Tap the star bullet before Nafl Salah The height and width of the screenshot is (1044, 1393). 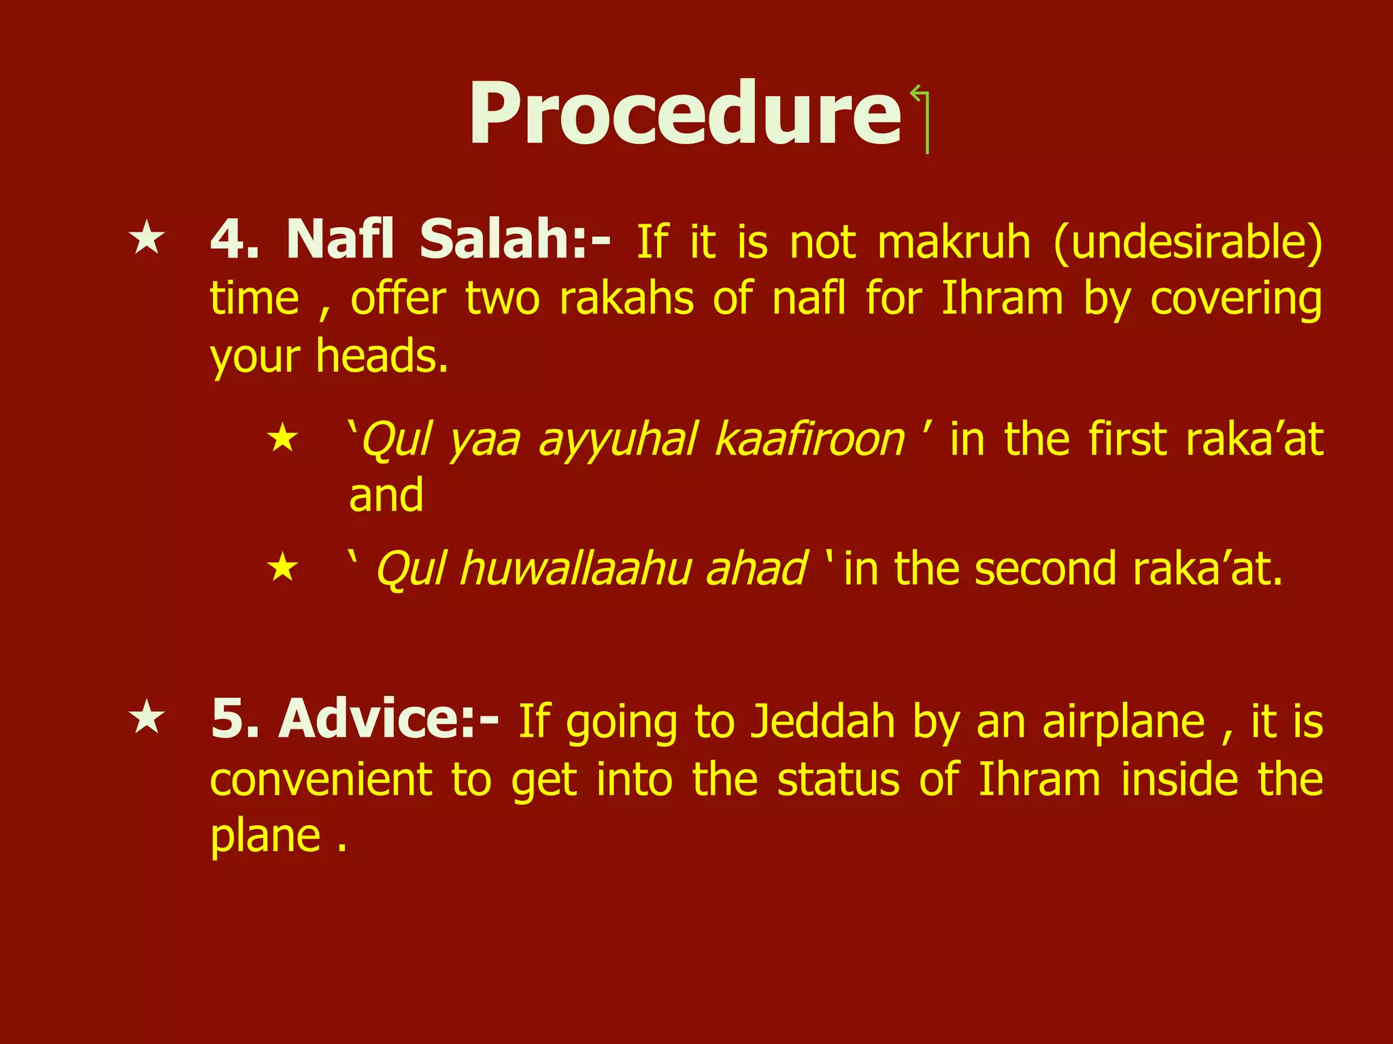coord(147,240)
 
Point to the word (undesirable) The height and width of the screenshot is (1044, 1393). coord(1188,243)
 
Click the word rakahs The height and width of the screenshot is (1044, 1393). coord(626,299)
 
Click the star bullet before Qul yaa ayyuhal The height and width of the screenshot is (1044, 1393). coord(283,439)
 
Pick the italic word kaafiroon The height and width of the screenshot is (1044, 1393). coord(809,440)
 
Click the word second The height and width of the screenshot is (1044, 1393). coord(1045,569)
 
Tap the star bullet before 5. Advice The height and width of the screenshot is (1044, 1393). coord(147,719)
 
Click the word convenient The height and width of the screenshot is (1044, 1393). coord(320,780)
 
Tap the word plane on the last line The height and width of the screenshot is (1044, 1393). coord(265,837)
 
